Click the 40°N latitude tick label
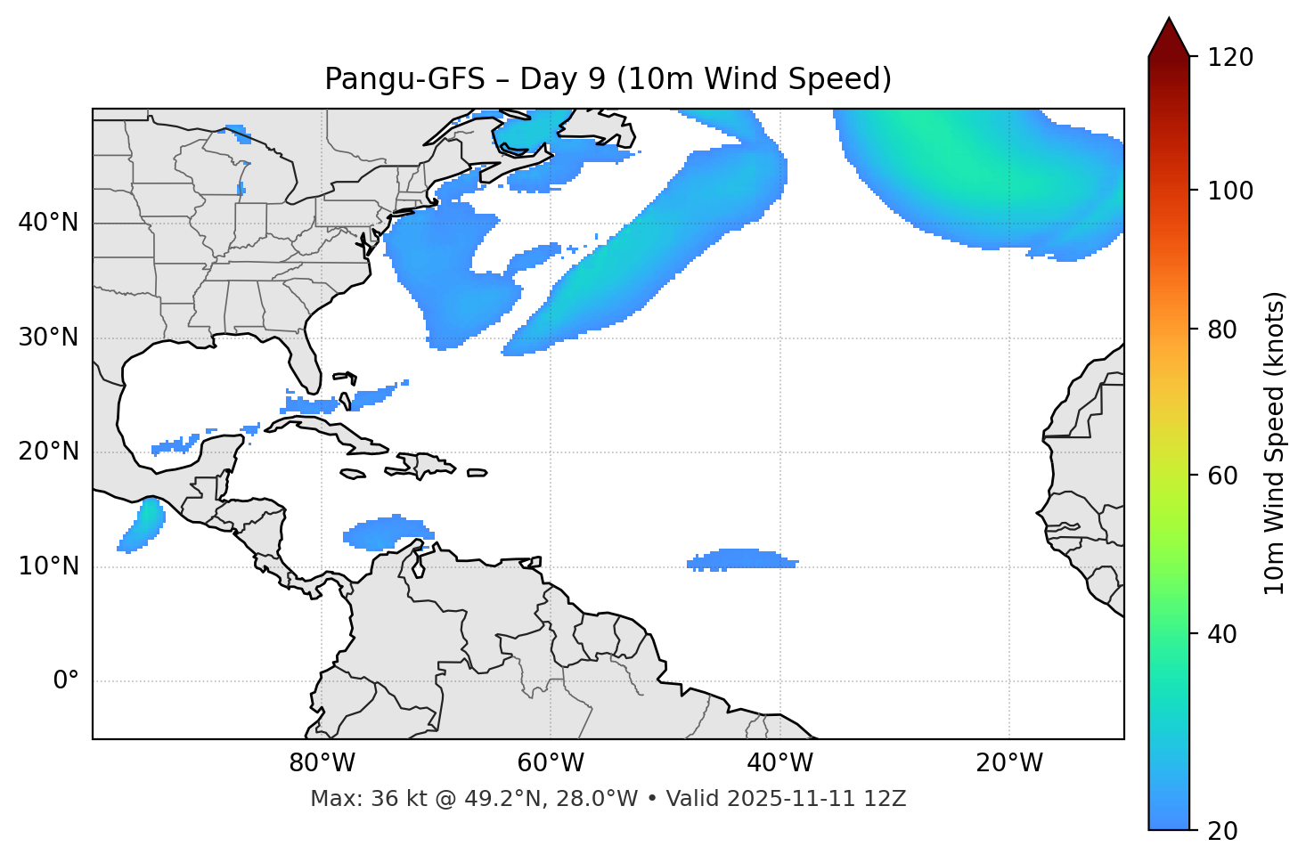[x=48, y=223]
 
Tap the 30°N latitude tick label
[x=48, y=338]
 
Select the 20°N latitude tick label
[x=48, y=452]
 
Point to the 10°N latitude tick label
[x=48, y=566]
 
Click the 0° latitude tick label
[x=66, y=681]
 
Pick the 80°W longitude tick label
[x=322, y=763]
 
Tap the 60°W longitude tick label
[x=551, y=763]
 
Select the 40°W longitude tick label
[x=780, y=763]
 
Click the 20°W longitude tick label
[x=1008, y=763]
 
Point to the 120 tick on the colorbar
[x=1230, y=58]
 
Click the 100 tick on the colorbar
[x=1230, y=191]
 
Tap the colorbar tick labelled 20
[x=1222, y=831]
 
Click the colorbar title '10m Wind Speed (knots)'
[x=1275, y=443]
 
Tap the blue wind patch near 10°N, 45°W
[x=741, y=559]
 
